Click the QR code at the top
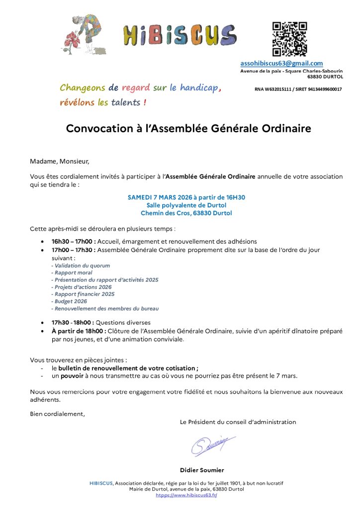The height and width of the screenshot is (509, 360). click(289, 39)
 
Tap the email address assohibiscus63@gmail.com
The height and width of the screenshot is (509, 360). click(281, 64)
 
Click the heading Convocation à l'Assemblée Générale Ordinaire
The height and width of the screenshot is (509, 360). click(188, 129)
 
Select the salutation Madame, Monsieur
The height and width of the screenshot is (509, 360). click(59, 161)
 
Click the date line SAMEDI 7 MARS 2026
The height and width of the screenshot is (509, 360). click(186, 197)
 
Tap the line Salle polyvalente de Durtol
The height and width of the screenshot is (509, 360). click(186, 205)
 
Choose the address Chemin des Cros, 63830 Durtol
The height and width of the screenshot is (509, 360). click(186, 213)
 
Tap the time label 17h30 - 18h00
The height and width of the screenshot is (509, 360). click(73, 323)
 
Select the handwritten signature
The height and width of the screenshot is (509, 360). click(212, 444)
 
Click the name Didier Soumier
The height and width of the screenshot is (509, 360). click(202, 470)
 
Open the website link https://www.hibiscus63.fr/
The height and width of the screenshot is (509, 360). click(186, 495)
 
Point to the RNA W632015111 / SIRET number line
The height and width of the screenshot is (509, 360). click(298, 89)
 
